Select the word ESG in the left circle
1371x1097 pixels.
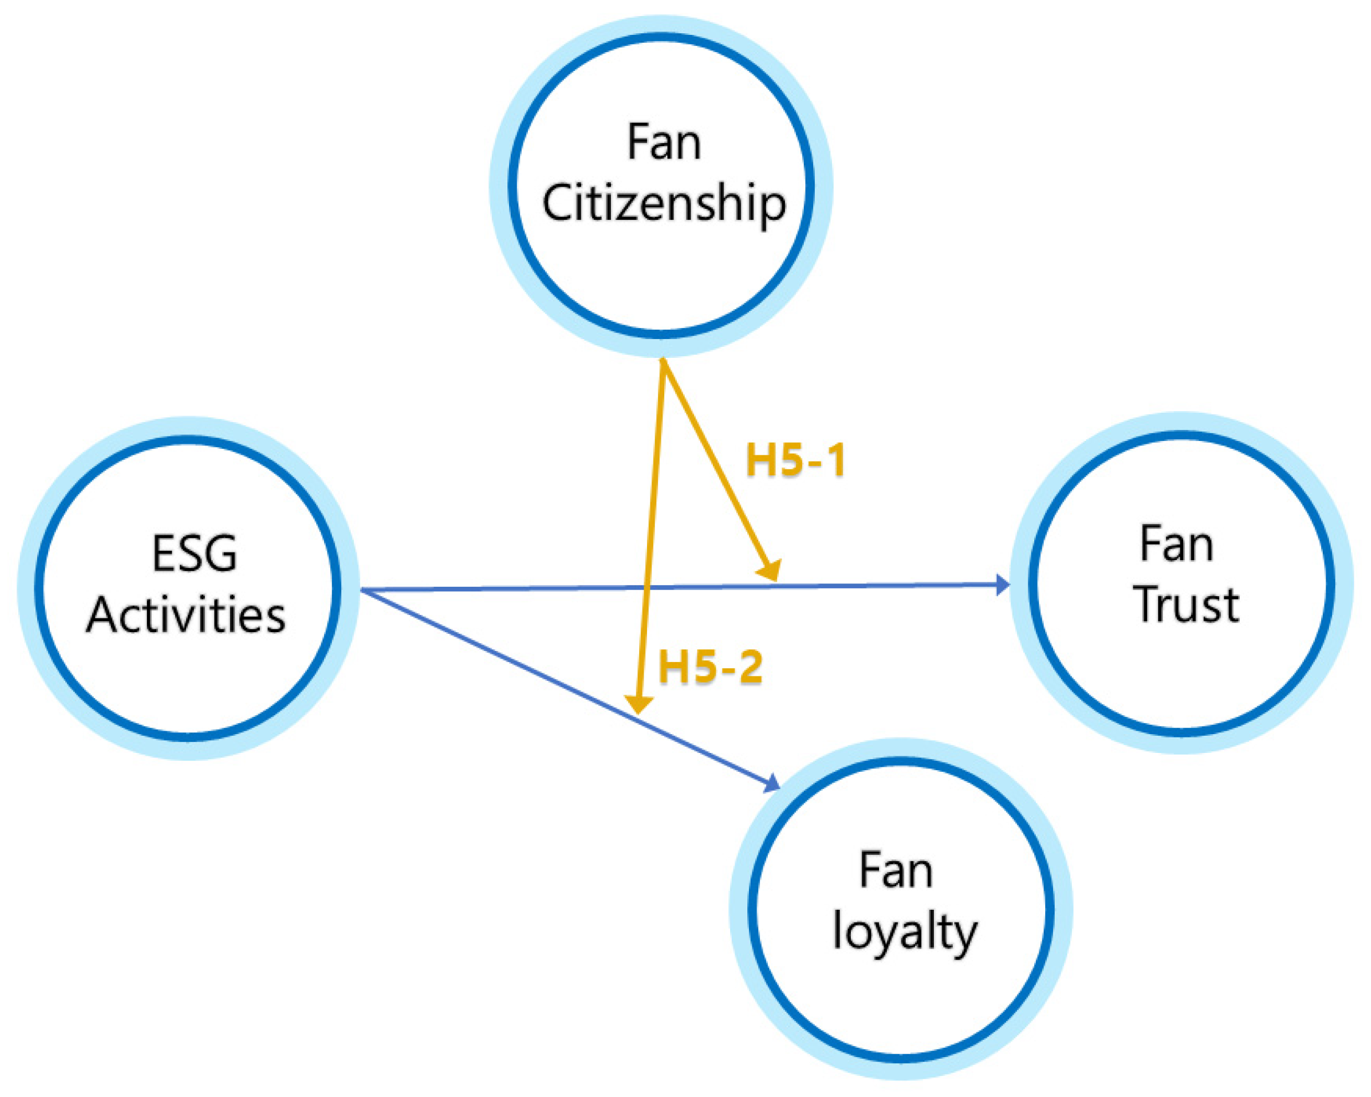tap(194, 553)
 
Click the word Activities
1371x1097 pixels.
tap(186, 616)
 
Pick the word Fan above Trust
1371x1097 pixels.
tap(1177, 545)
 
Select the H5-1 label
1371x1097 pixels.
tap(795, 460)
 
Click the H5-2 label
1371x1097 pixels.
tap(710, 667)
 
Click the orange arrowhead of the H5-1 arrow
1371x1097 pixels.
tap(770, 571)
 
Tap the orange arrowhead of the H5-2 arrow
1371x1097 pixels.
tap(639, 705)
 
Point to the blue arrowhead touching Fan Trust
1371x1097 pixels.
tap(1002, 584)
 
